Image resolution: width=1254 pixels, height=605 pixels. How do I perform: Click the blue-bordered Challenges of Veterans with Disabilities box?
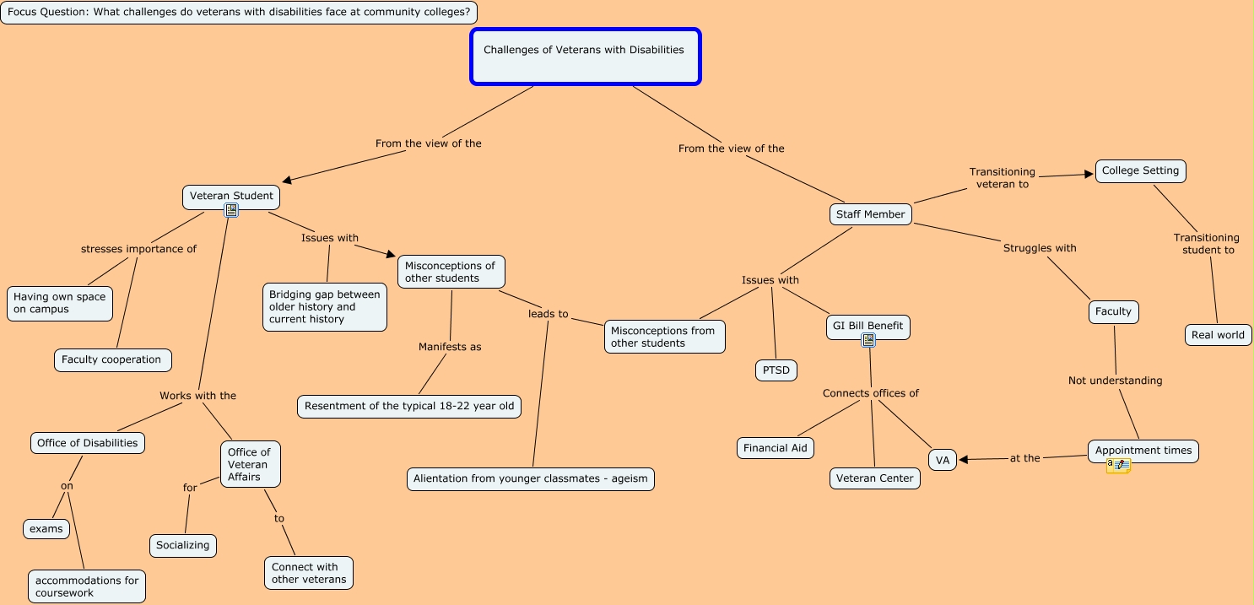pos(585,57)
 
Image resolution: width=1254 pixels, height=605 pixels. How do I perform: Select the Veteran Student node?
pos(231,196)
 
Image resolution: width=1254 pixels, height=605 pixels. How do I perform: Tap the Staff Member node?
pos(870,214)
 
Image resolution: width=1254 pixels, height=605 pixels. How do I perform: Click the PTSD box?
pos(776,370)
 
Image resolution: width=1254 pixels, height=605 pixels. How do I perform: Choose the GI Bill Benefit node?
pos(868,326)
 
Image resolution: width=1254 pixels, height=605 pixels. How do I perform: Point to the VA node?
pos(943,460)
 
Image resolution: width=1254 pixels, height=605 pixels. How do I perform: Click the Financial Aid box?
pos(776,448)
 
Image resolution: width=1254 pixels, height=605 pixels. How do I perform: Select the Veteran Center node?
pos(874,478)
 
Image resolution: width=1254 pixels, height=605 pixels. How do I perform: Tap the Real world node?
pos(1218,335)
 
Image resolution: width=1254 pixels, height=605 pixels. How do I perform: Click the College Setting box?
pos(1140,170)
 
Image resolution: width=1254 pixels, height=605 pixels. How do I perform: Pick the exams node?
pos(46,529)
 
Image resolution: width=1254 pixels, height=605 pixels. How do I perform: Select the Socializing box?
pos(182,545)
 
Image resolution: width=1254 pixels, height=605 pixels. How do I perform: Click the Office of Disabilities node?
pos(87,443)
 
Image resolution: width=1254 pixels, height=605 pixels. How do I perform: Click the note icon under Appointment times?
pos(1118,465)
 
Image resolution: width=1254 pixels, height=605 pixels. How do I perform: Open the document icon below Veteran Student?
pos(231,211)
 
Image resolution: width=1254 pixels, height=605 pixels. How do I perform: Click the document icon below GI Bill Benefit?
pos(868,340)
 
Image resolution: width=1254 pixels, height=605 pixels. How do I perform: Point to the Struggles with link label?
pos(1040,248)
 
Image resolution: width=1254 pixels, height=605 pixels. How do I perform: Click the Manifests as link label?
pos(450,347)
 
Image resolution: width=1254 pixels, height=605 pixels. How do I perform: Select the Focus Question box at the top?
pos(239,13)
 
